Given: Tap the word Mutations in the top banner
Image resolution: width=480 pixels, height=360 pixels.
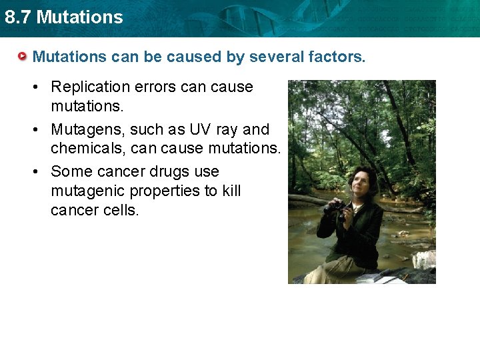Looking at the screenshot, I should pos(80,17).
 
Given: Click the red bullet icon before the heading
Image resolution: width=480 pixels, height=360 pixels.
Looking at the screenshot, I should pos(23,57).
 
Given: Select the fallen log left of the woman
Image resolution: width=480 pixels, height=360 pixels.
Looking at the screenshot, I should pos(310,199).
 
